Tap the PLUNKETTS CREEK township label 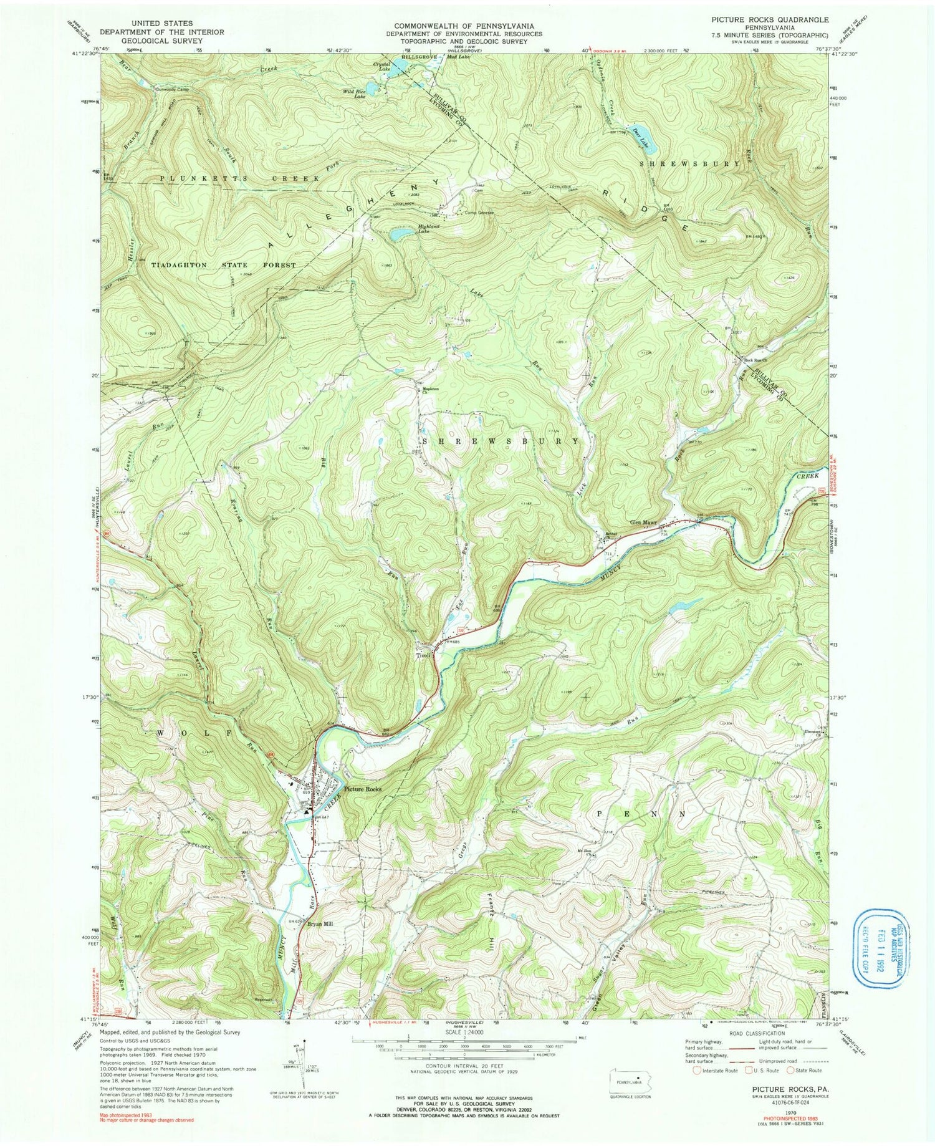click(241, 178)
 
